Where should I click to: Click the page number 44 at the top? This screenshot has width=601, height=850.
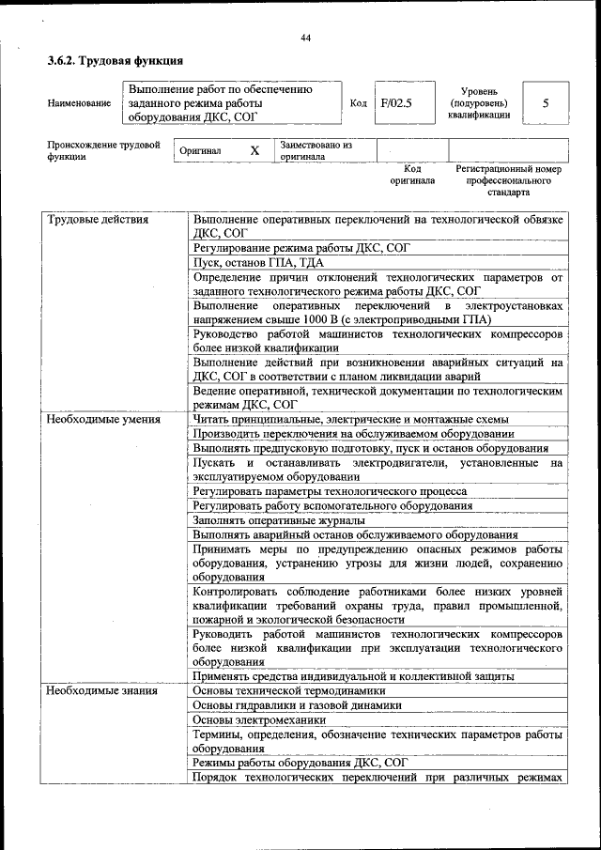pos(305,38)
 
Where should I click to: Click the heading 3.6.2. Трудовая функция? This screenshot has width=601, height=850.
pos(115,62)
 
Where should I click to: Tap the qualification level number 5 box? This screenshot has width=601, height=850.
pos(546,103)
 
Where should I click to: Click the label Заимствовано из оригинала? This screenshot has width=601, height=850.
pos(316,151)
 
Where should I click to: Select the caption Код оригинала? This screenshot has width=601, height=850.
pos(412,175)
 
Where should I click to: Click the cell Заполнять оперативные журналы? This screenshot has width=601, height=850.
pos(278,519)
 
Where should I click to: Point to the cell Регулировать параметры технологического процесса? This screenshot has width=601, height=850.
pos(330,490)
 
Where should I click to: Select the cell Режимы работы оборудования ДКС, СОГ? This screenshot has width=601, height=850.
pos(300,763)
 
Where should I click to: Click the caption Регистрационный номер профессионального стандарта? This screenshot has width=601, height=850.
pos(508,180)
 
